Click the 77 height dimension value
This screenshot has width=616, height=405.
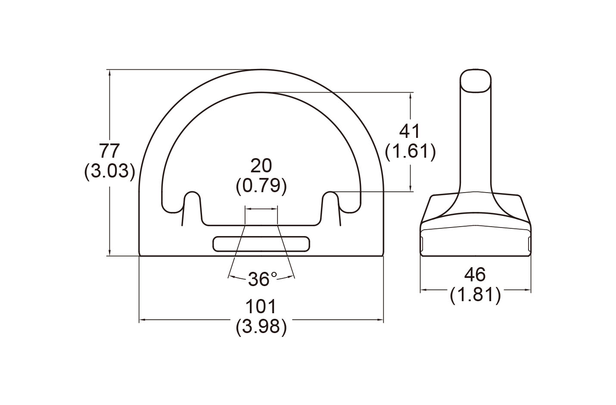[109, 150]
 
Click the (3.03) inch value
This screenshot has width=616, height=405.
[109, 171]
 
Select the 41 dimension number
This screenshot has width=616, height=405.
[410, 131]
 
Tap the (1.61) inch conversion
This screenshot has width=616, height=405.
[410, 151]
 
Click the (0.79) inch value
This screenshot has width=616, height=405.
[261, 186]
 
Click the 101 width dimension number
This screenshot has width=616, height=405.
[261, 307]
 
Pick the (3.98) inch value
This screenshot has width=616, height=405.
[261, 327]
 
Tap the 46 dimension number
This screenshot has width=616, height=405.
[475, 274]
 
